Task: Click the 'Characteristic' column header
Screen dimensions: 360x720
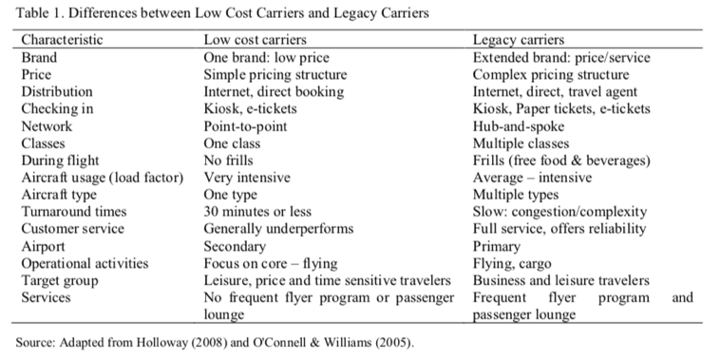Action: click(62, 40)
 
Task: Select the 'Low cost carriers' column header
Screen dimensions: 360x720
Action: click(255, 40)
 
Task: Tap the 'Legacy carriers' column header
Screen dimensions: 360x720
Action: click(519, 40)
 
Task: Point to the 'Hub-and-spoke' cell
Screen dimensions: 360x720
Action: click(517, 125)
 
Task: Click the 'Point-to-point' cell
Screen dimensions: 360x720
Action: click(246, 125)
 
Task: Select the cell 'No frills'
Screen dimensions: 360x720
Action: click(228, 160)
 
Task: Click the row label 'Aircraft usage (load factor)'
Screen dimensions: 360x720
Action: click(102, 178)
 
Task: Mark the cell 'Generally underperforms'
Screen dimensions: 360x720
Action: click(279, 229)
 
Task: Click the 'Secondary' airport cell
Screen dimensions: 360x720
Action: click(235, 246)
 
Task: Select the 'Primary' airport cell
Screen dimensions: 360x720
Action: click(498, 246)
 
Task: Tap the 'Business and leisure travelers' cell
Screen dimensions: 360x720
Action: click(561, 280)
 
